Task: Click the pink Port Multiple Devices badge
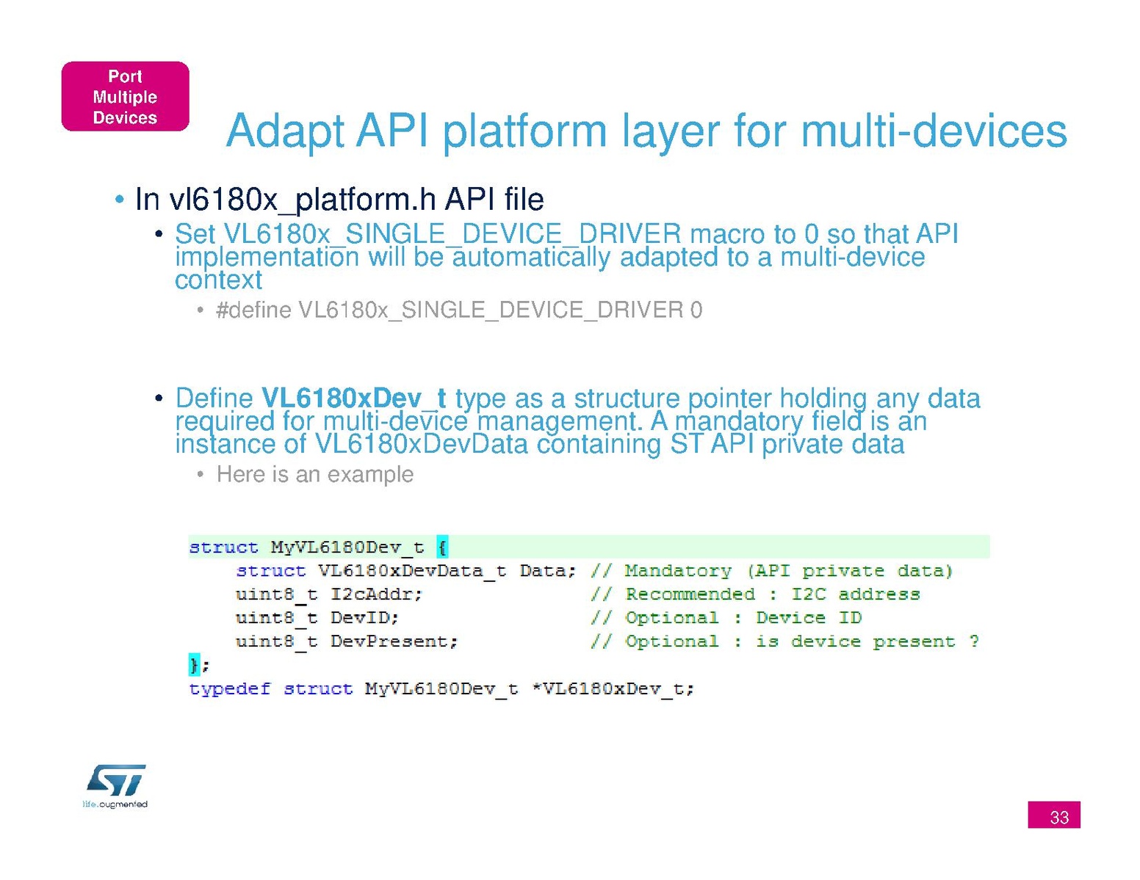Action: [125, 96]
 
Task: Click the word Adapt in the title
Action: [285, 132]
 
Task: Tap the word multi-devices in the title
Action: [934, 131]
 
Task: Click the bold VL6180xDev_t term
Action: [353, 399]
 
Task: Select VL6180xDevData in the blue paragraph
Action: [422, 444]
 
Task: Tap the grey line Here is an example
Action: [315, 474]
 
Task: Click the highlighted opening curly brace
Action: [442, 548]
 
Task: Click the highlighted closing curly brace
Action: [194, 665]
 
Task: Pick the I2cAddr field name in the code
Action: [376, 594]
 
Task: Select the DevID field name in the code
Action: [364, 618]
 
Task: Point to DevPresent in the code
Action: [394, 641]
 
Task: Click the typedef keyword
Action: [230, 688]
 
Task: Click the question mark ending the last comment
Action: [974, 641]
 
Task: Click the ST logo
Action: [116, 780]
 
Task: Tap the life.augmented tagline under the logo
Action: [115, 804]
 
